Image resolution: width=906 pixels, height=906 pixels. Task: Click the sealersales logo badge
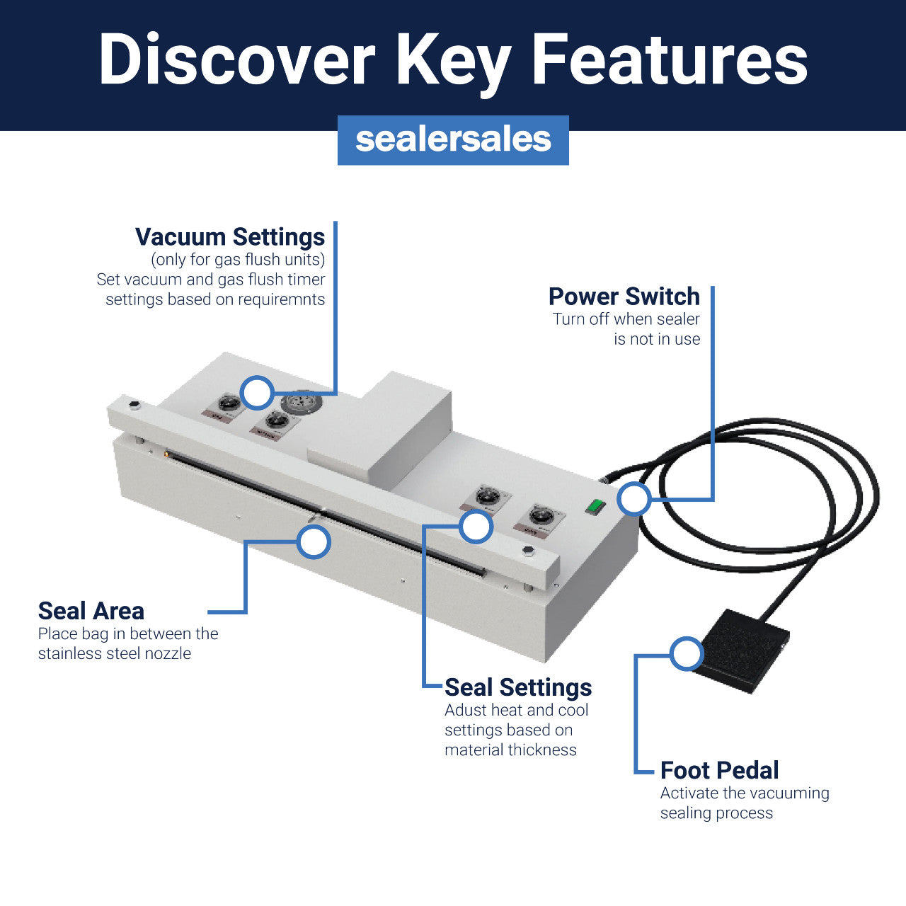[453, 140]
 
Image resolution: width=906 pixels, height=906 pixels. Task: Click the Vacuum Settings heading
[230, 236]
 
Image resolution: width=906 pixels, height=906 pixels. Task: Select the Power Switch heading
[624, 296]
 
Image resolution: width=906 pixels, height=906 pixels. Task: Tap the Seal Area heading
[91, 611]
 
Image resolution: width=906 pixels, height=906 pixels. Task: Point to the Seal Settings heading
[518, 687]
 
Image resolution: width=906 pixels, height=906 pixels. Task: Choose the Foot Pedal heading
[719, 770]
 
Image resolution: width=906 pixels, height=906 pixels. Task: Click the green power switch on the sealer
[596, 506]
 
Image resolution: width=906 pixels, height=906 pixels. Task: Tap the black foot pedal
[740, 650]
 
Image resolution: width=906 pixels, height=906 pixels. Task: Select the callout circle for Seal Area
[314, 542]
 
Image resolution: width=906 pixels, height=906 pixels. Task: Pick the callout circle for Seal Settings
[476, 527]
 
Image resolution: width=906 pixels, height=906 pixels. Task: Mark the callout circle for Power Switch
[633, 499]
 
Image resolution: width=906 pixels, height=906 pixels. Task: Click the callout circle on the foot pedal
[686, 654]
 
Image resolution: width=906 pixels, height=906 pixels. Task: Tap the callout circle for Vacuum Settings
[256, 392]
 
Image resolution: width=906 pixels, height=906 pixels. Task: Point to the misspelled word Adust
[466, 710]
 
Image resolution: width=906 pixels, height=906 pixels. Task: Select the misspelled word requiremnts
[281, 299]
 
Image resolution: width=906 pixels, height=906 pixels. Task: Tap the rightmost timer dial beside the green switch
[541, 515]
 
